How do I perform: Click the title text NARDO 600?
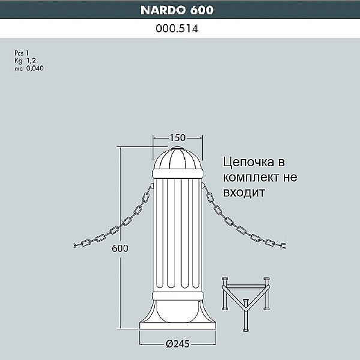point(177,10)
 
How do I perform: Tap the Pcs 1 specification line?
point(22,54)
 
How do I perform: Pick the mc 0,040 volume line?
point(29,68)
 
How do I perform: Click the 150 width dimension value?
point(178,138)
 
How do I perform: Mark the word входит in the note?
point(243,193)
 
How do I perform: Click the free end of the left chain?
point(73,245)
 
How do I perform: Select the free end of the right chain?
point(284,245)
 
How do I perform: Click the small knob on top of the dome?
point(178,146)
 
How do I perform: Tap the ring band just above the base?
point(178,296)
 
